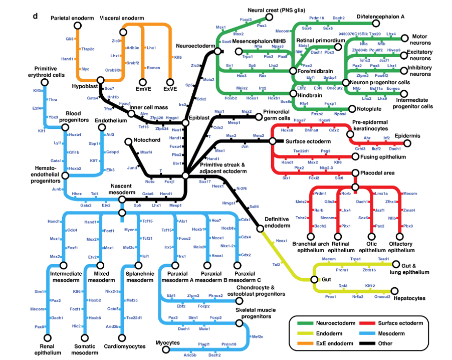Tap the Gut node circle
(x=314, y=279)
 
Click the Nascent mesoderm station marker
(x=122, y=199)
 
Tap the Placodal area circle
(x=355, y=173)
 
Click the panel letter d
(x=36, y=16)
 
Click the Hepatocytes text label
(x=410, y=298)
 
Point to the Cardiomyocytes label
(x=125, y=346)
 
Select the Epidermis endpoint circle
(x=407, y=143)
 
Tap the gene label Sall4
(x=254, y=207)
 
